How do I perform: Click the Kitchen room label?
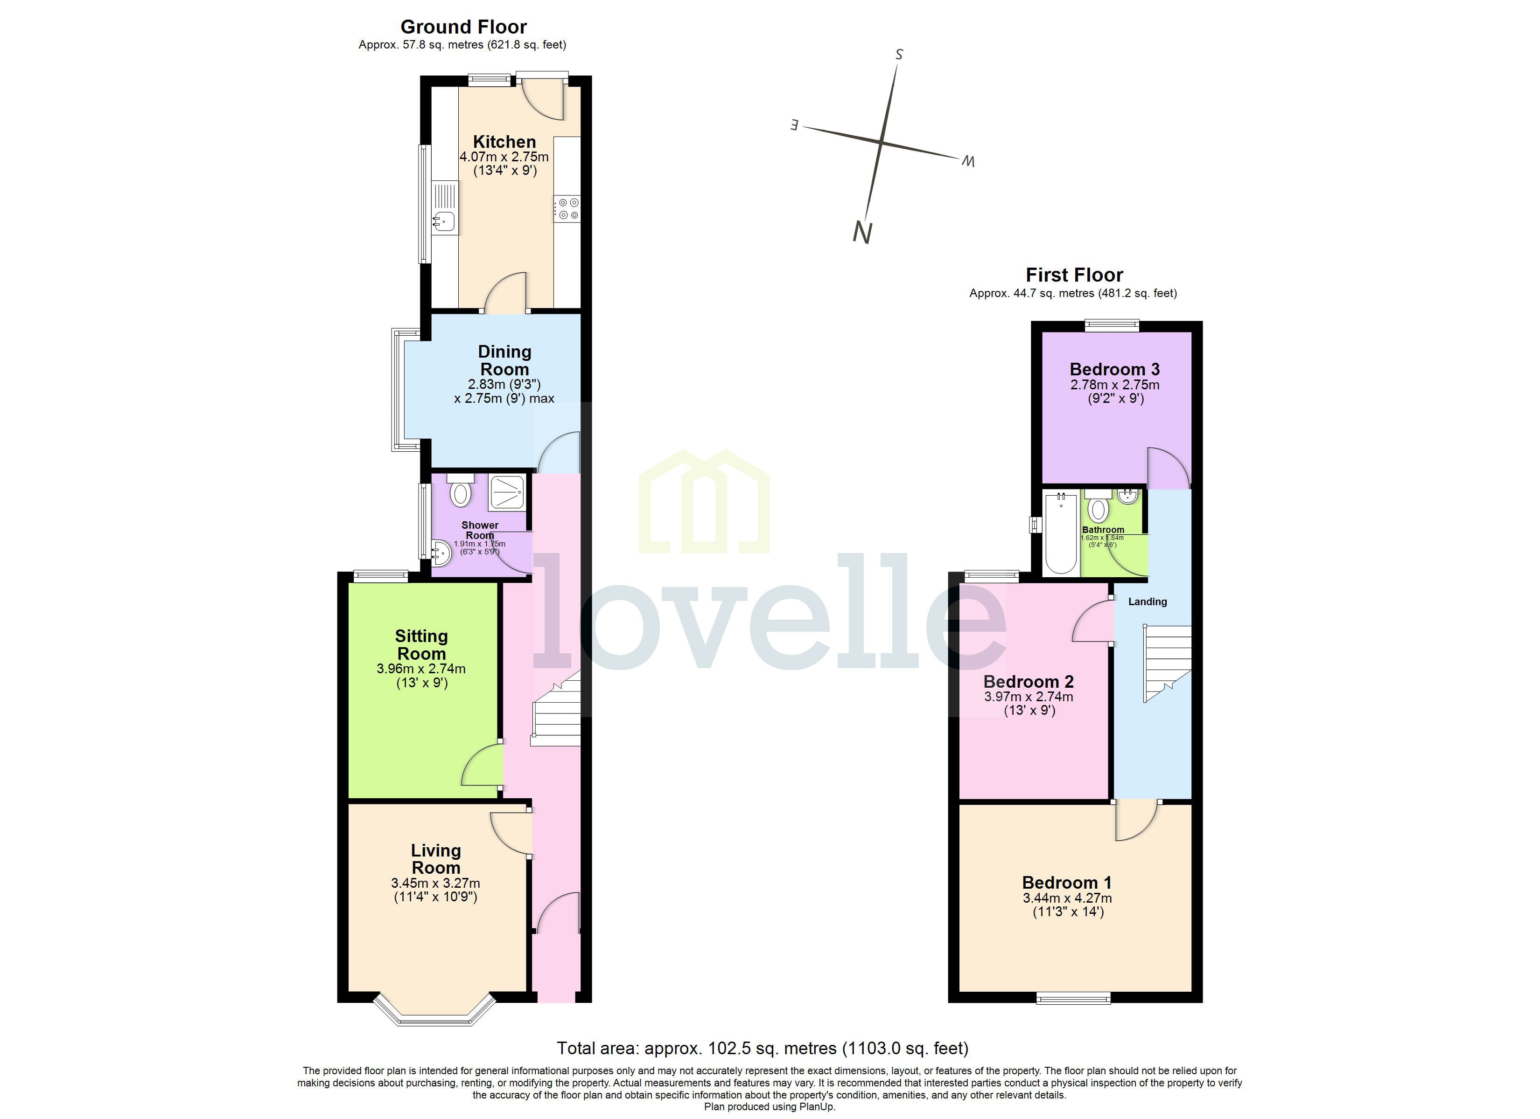(504, 142)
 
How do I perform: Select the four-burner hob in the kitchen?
(567, 209)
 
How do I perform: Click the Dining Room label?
(504, 360)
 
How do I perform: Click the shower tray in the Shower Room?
(506, 492)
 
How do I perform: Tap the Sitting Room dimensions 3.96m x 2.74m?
(421, 669)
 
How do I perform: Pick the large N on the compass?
(861, 233)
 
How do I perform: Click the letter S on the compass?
(899, 54)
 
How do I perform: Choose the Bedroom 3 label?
(1114, 369)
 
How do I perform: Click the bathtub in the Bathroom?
(1061, 533)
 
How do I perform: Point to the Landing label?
(1147, 601)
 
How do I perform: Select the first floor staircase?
(1168, 662)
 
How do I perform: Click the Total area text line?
(762, 1049)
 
